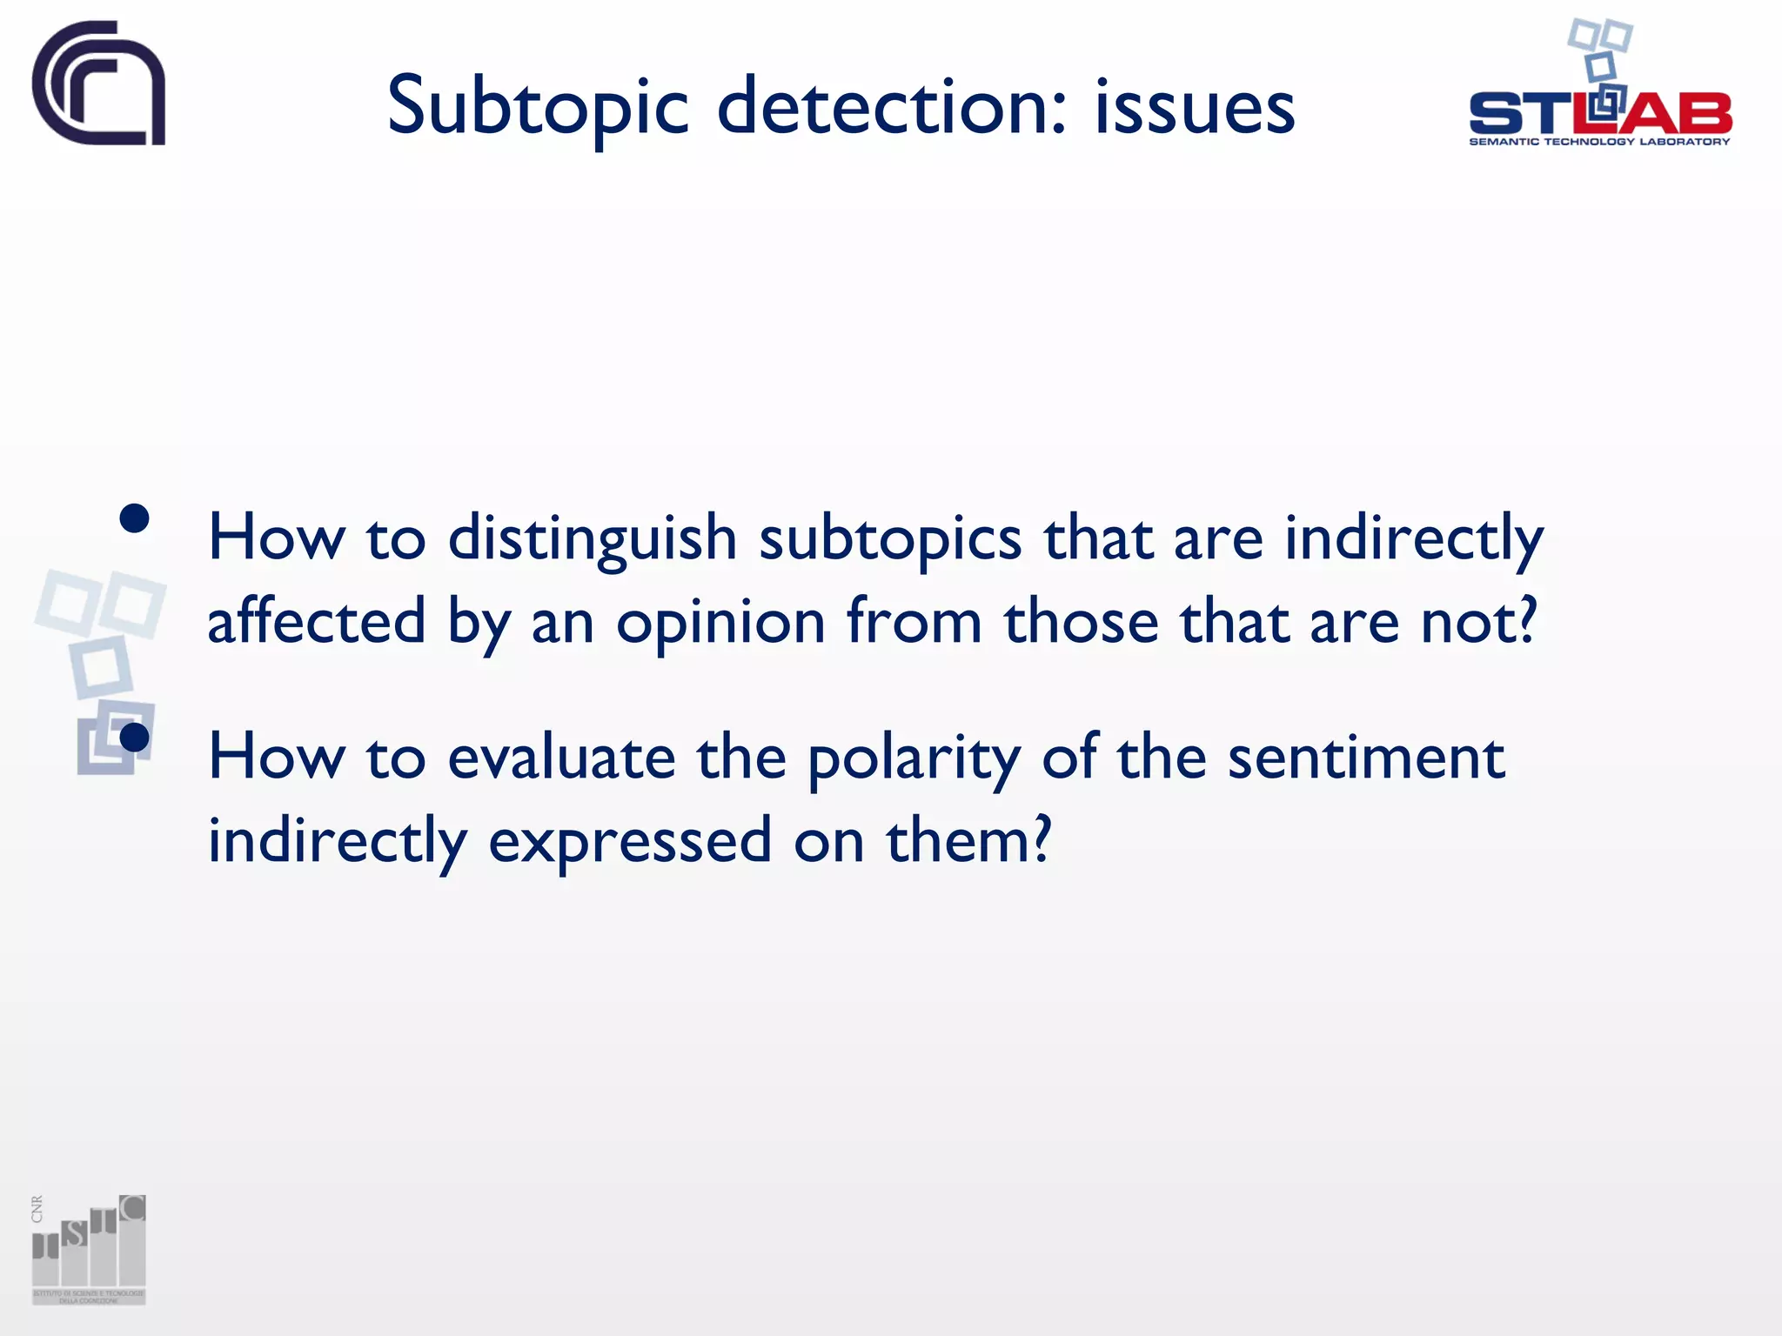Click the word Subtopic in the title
538,108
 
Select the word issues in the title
1194,108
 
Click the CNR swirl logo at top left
99,83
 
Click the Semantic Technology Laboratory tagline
1599,142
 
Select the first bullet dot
135,519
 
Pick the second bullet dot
135,738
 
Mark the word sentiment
1366,757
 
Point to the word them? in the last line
968,840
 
